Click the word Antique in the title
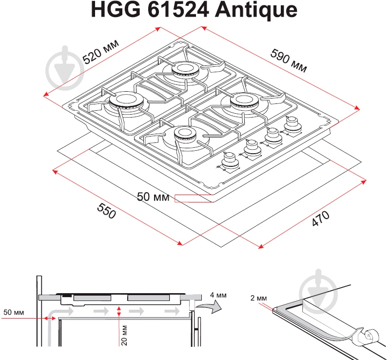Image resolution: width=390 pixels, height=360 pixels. (256, 10)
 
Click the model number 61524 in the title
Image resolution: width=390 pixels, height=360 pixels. (178, 10)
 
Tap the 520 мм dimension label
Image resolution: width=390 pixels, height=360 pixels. (101, 52)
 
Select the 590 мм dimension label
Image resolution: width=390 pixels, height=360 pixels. (289, 60)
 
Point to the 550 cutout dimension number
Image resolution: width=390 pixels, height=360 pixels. (106, 211)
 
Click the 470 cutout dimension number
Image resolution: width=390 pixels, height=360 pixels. (321, 219)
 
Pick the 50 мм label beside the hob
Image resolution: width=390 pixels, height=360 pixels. (153, 197)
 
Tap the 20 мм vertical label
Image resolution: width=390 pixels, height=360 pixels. (124, 335)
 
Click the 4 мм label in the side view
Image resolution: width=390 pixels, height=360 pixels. (218, 295)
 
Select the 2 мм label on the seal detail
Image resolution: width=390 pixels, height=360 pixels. (259, 298)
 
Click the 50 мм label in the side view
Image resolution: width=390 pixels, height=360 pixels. (14, 312)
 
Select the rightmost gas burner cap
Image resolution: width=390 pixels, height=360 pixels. (245, 100)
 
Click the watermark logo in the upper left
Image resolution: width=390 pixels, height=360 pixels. (65, 68)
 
